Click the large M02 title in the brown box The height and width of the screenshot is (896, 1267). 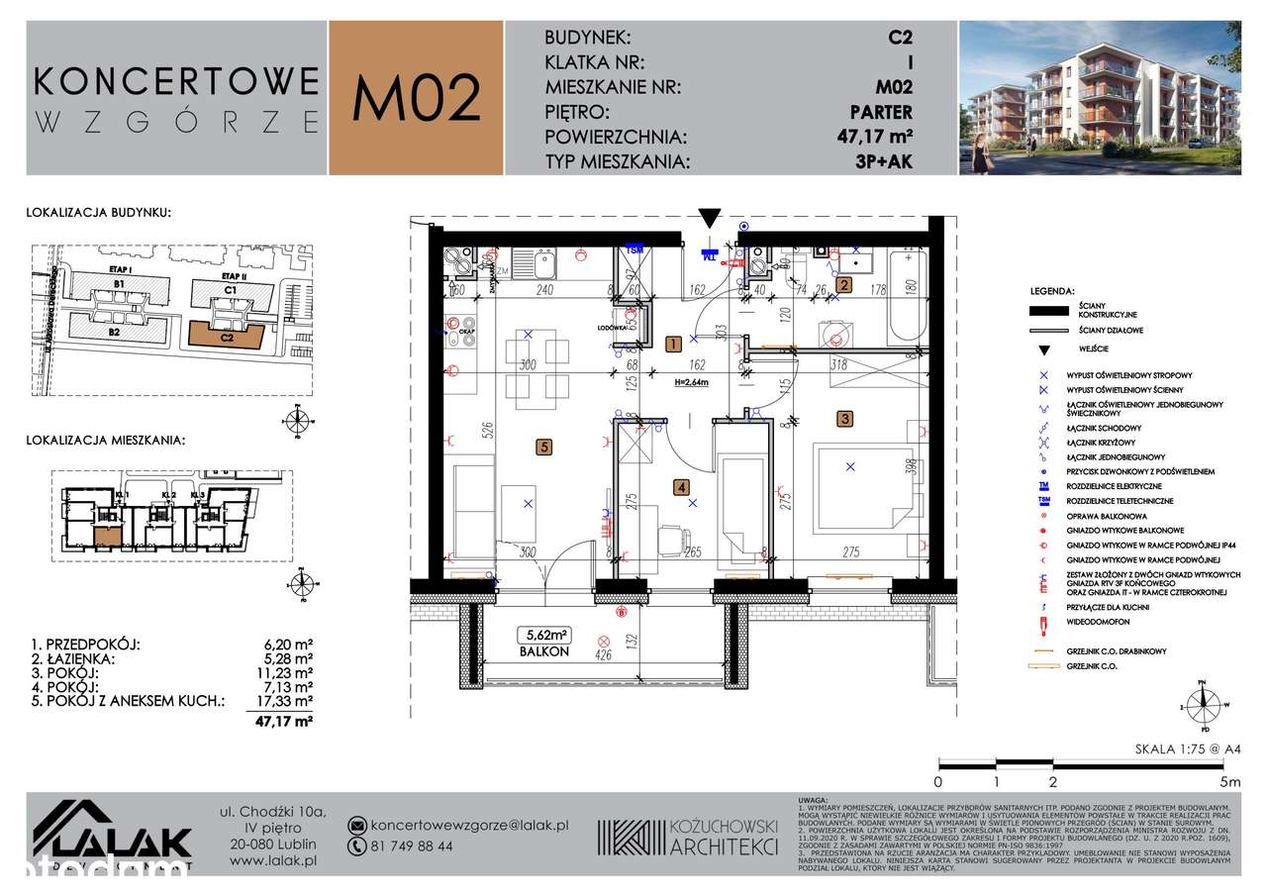pyautogui.click(x=417, y=97)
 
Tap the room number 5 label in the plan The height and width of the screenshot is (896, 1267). pyautogui.click(x=542, y=448)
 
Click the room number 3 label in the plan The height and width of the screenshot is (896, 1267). pyautogui.click(x=844, y=418)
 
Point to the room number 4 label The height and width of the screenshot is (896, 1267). pyautogui.click(x=681, y=486)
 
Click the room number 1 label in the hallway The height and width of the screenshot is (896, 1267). pyautogui.click(x=672, y=345)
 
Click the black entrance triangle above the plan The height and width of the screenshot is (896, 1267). pyautogui.click(x=710, y=218)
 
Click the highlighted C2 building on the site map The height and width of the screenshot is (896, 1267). pyautogui.click(x=227, y=337)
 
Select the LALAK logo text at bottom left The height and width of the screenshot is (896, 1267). pyautogui.click(x=129, y=843)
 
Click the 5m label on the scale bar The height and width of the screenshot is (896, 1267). pyautogui.click(x=1230, y=782)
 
